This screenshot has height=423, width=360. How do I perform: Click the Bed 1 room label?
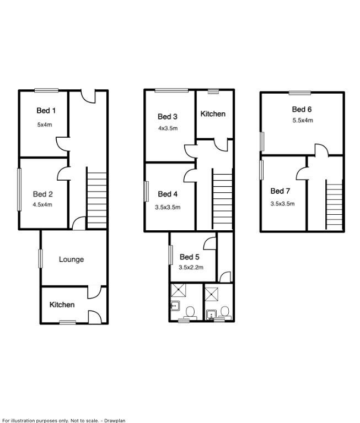[x=46, y=111]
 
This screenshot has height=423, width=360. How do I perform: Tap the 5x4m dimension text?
[x=45, y=124]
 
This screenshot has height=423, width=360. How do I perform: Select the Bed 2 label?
[x=42, y=194]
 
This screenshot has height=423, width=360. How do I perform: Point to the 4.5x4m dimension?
[x=42, y=205]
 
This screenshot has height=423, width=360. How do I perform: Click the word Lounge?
[x=71, y=259]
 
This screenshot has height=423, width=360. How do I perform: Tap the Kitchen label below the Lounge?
[x=62, y=305]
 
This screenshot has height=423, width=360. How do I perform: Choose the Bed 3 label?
[x=167, y=116]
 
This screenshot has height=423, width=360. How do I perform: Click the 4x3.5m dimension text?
[x=167, y=128]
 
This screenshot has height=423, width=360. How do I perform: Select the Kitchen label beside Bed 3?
[x=213, y=114]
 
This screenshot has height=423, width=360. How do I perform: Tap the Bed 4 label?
[x=168, y=194]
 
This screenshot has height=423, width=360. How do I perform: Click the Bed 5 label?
[x=189, y=257]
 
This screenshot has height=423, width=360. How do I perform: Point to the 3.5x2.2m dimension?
[x=191, y=268]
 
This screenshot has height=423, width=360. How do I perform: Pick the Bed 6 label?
[x=302, y=109]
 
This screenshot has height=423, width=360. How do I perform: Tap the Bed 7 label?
[x=280, y=191]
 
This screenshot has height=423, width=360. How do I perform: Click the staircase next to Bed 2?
[x=97, y=198]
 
